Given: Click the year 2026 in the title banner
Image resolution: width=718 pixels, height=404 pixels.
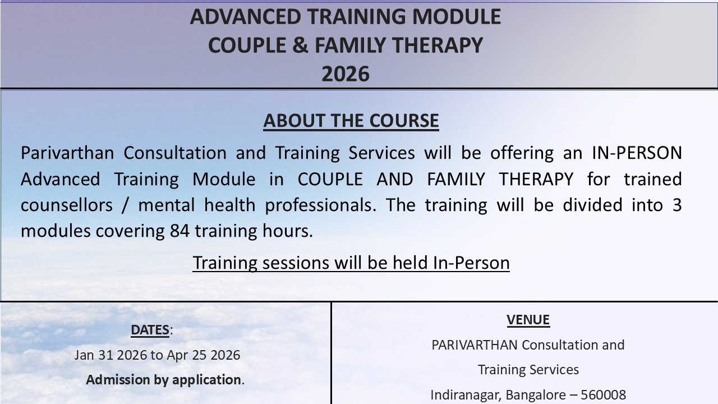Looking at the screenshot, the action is (x=346, y=74).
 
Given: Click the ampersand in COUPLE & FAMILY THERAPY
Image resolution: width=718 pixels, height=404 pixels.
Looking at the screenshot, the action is (x=301, y=45).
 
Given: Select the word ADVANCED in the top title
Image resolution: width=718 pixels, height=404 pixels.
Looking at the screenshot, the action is (x=246, y=17).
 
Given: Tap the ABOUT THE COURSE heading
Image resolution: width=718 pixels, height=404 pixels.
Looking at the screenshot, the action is (x=351, y=121).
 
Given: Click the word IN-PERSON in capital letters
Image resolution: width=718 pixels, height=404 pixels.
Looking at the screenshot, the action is (x=637, y=153).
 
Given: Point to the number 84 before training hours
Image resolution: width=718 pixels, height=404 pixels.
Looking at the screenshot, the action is (x=179, y=231).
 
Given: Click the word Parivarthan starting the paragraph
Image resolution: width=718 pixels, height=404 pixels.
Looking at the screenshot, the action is (x=67, y=153).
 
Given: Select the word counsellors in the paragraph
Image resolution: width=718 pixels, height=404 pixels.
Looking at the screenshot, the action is (x=67, y=205).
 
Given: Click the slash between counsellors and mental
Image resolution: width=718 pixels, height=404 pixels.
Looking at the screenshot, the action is (x=125, y=205).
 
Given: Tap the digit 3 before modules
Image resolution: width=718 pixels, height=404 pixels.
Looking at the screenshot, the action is (x=677, y=205).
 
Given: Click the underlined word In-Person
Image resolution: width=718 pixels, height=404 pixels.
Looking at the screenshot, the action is (x=471, y=263).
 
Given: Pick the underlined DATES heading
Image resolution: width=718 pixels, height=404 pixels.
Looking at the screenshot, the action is (x=150, y=330).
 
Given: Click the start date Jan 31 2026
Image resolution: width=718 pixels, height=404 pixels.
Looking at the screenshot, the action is (x=111, y=355).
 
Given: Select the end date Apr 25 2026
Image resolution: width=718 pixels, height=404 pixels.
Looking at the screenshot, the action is (x=204, y=355).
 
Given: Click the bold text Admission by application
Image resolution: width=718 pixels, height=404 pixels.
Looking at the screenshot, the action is (x=163, y=380).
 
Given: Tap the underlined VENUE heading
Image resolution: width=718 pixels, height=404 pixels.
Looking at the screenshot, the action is (x=528, y=320).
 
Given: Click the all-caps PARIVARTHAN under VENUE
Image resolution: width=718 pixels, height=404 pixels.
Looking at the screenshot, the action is (x=475, y=345).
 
